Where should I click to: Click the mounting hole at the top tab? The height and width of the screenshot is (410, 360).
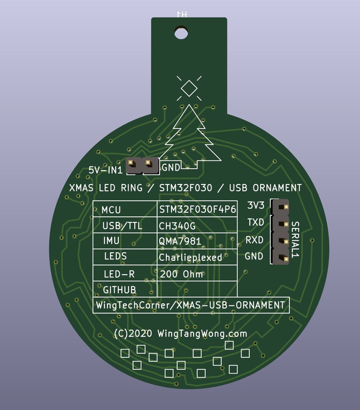[181, 33]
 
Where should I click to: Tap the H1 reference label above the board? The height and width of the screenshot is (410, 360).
[182, 14]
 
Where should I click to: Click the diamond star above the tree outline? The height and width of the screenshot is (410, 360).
[189, 88]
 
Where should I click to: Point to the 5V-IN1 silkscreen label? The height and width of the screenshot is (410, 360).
[105, 170]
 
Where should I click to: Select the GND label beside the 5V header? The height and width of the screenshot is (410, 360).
[171, 168]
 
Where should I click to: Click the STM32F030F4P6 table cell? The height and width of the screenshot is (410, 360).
[198, 209]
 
